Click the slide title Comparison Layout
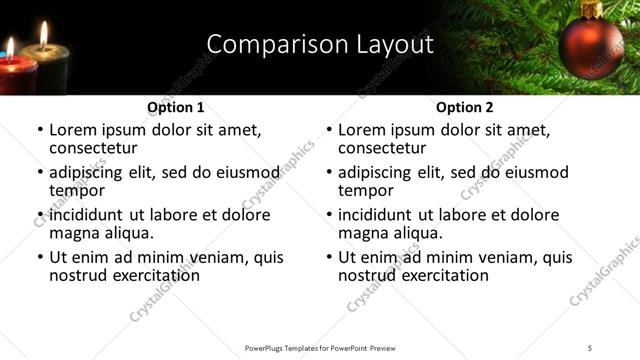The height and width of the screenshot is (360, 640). [x=320, y=44]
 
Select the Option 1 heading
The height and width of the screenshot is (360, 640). [x=175, y=107]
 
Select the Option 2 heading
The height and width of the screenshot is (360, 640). [x=464, y=107]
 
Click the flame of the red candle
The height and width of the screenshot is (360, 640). [x=10, y=46]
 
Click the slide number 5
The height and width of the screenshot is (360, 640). [x=590, y=347]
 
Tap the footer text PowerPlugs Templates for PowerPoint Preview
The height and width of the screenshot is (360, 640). [x=321, y=347]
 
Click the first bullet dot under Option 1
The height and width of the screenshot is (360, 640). [x=40, y=131]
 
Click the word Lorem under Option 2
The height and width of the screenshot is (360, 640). [x=363, y=130]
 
